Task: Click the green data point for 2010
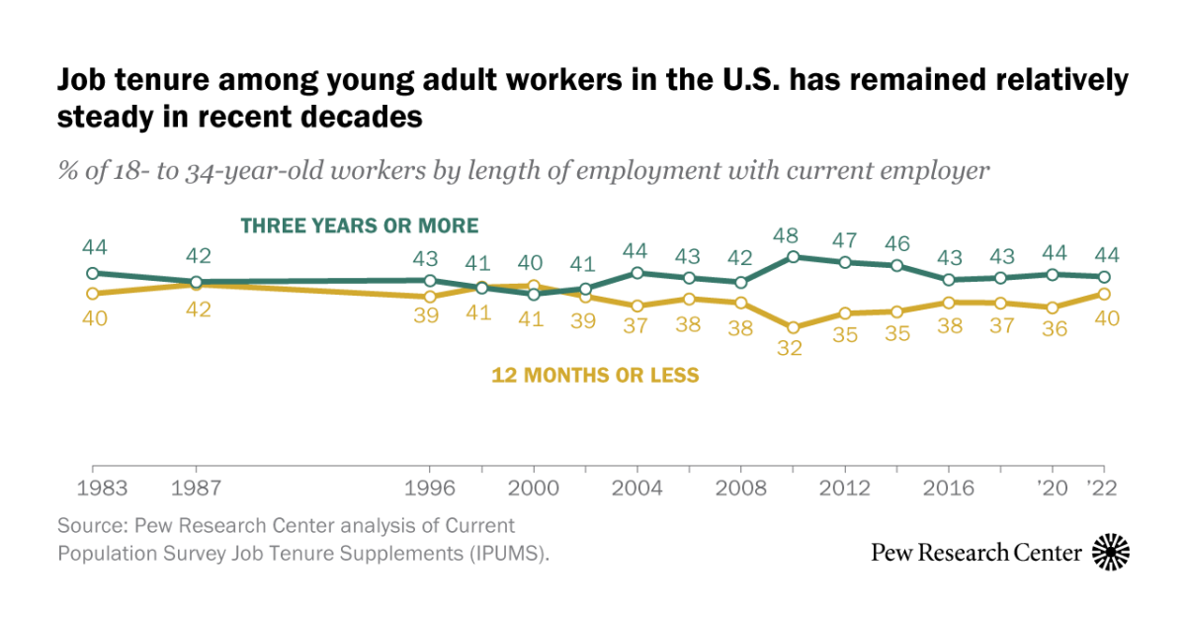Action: [x=793, y=256]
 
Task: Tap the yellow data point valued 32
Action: [x=793, y=327]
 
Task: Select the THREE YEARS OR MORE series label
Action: [x=360, y=225]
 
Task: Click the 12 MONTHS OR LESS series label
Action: [x=595, y=375]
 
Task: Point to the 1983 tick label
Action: [x=93, y=488]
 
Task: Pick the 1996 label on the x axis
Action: [x=430, y=488]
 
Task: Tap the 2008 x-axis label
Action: [x=740, y=488]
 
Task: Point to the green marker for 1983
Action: [x=93, y=273]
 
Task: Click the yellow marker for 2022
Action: [x=1103, y=294]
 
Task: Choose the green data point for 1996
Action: [x=430, y=281]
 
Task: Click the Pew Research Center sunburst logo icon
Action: [x=1111, y=552]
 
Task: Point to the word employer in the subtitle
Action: [x=941, y=170]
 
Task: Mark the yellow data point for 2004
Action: [x=637, y=306]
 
